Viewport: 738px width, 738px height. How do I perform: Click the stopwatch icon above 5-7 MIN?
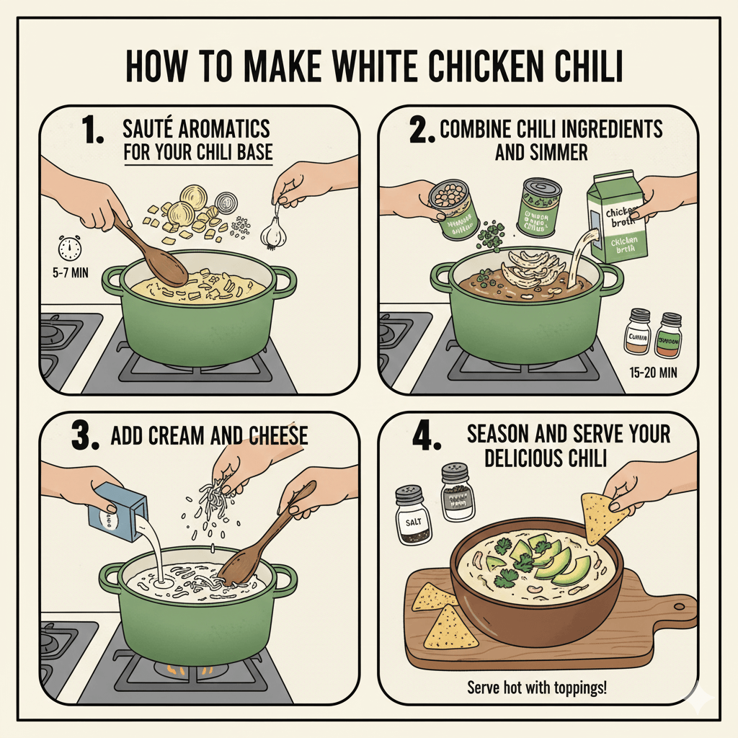tap(70, 249)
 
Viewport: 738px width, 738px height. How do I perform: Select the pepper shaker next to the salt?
tap(457, 493)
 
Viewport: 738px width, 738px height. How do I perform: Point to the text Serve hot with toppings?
tap(537, 685)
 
